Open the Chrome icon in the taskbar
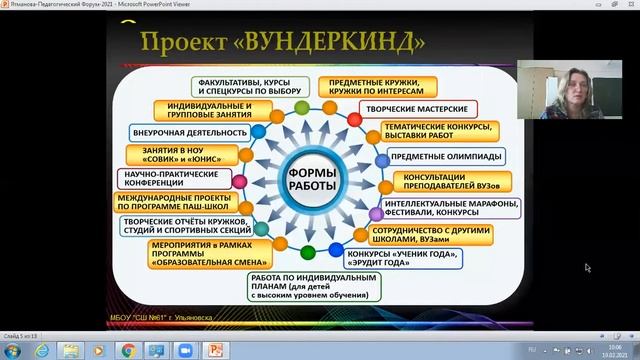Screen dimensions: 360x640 coord(128,351)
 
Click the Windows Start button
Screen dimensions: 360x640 coord(12,351)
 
